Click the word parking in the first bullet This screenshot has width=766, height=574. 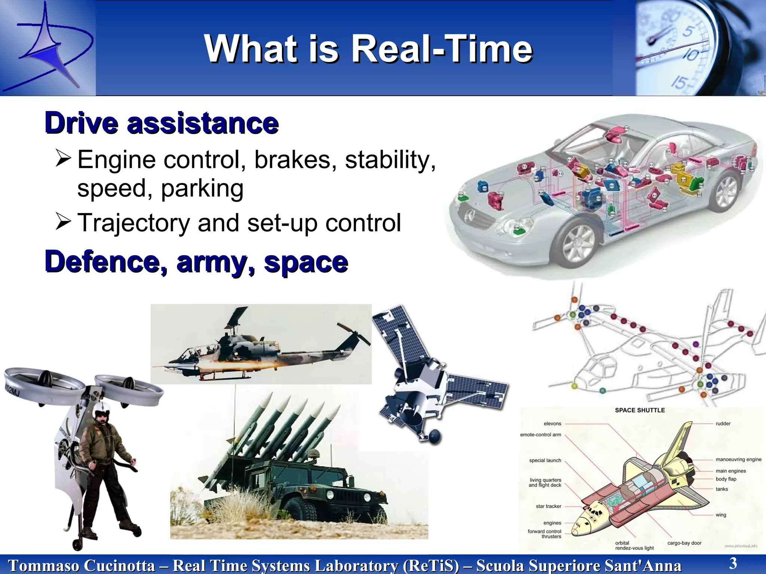coord(202,188)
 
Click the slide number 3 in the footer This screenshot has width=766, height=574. coord(733,563)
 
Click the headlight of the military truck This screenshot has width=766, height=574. coord(331,495)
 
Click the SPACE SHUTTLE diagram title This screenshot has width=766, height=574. coord(640,410)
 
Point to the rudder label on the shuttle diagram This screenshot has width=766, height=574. coord(723,423)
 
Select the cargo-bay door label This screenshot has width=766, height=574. coord(684,543)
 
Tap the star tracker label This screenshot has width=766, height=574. coord(548,506)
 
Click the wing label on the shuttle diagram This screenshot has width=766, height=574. coord(721,515)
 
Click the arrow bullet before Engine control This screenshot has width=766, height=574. coord(63,158)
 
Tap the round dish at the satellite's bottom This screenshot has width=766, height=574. coord(435,436)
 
